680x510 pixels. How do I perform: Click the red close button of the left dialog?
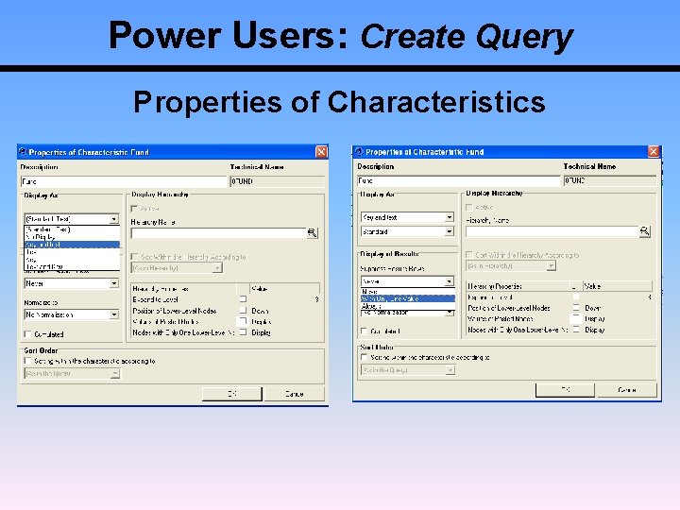point(321,152)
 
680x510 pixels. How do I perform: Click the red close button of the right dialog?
point(654,152)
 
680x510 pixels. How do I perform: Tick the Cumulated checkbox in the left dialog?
point(27,334)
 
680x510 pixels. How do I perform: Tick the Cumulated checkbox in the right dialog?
point(365,331)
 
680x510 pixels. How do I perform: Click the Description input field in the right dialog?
point(457,180)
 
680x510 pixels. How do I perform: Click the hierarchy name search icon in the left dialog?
point(313,233)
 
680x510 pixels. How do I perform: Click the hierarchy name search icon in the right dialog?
point(645,231)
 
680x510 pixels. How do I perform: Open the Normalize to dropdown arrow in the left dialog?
point(114,314)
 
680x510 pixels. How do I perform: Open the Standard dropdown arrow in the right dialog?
point(449,231)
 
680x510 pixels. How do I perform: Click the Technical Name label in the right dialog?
point(589,166)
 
